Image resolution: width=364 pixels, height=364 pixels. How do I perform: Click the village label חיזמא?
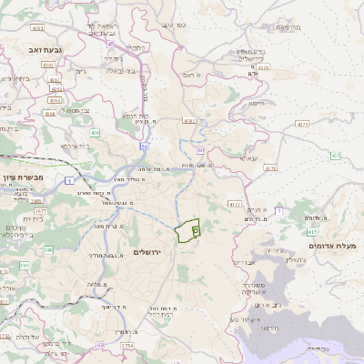[257, 102]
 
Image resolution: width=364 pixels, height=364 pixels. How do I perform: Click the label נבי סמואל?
[79, 111]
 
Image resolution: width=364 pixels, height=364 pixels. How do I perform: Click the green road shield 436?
[95, 132]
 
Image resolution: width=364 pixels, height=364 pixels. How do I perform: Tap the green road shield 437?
[336, 156]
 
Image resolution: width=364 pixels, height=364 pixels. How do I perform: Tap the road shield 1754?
[127, 346]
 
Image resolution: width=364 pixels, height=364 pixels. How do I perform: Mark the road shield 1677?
[41, 209]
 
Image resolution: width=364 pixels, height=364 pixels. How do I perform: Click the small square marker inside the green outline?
[195, 232]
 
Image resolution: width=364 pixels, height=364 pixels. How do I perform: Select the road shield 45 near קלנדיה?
[111, 43]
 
